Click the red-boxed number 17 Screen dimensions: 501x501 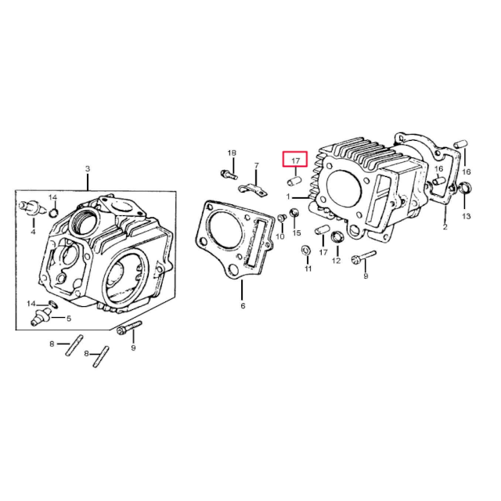(x=295, y=161)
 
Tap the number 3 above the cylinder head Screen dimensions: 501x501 (x=88, y=169)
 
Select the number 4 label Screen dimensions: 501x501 (x=33, y=232)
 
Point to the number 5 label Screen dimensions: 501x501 (x=69, y=318)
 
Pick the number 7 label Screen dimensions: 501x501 (x=255, y=166)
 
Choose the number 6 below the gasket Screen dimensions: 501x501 (x=243, y=305)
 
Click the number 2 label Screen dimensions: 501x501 (x=445, y=228)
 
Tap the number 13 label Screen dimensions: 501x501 (x=467, y=215)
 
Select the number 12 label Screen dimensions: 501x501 (x=336, y=261)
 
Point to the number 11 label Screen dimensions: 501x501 (x=308, y=269)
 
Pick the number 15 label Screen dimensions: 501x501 (x=297, y=233)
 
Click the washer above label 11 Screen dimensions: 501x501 (x=305, y=250)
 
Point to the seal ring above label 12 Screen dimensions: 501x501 (x=337, y=238)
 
